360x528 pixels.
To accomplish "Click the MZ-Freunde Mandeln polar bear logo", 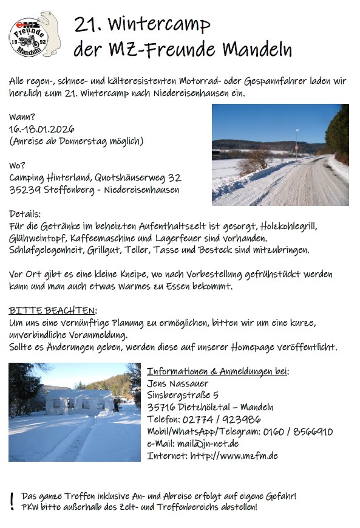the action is pyautogui.click(x=35, y=35).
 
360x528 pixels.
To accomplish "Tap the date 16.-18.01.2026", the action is pyautogui.click(x=42, y=129).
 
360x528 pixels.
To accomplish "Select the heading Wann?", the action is pyautogui.click(x=22, y=117).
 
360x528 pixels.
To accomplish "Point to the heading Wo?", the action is pyautogui.click(x=18, y=165).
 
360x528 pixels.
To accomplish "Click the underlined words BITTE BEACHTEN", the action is pyautogui.click(x=52, y=310).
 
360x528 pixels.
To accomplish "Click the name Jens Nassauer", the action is pyautogui.click(x=178, y=383).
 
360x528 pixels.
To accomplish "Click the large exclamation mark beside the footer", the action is pyautogui.click(x=12, y=501).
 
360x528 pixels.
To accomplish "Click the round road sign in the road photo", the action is pyautogui.click(x=296, y=147).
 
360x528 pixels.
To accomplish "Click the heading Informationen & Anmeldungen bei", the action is pyautogui.click(x=217, y=371).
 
